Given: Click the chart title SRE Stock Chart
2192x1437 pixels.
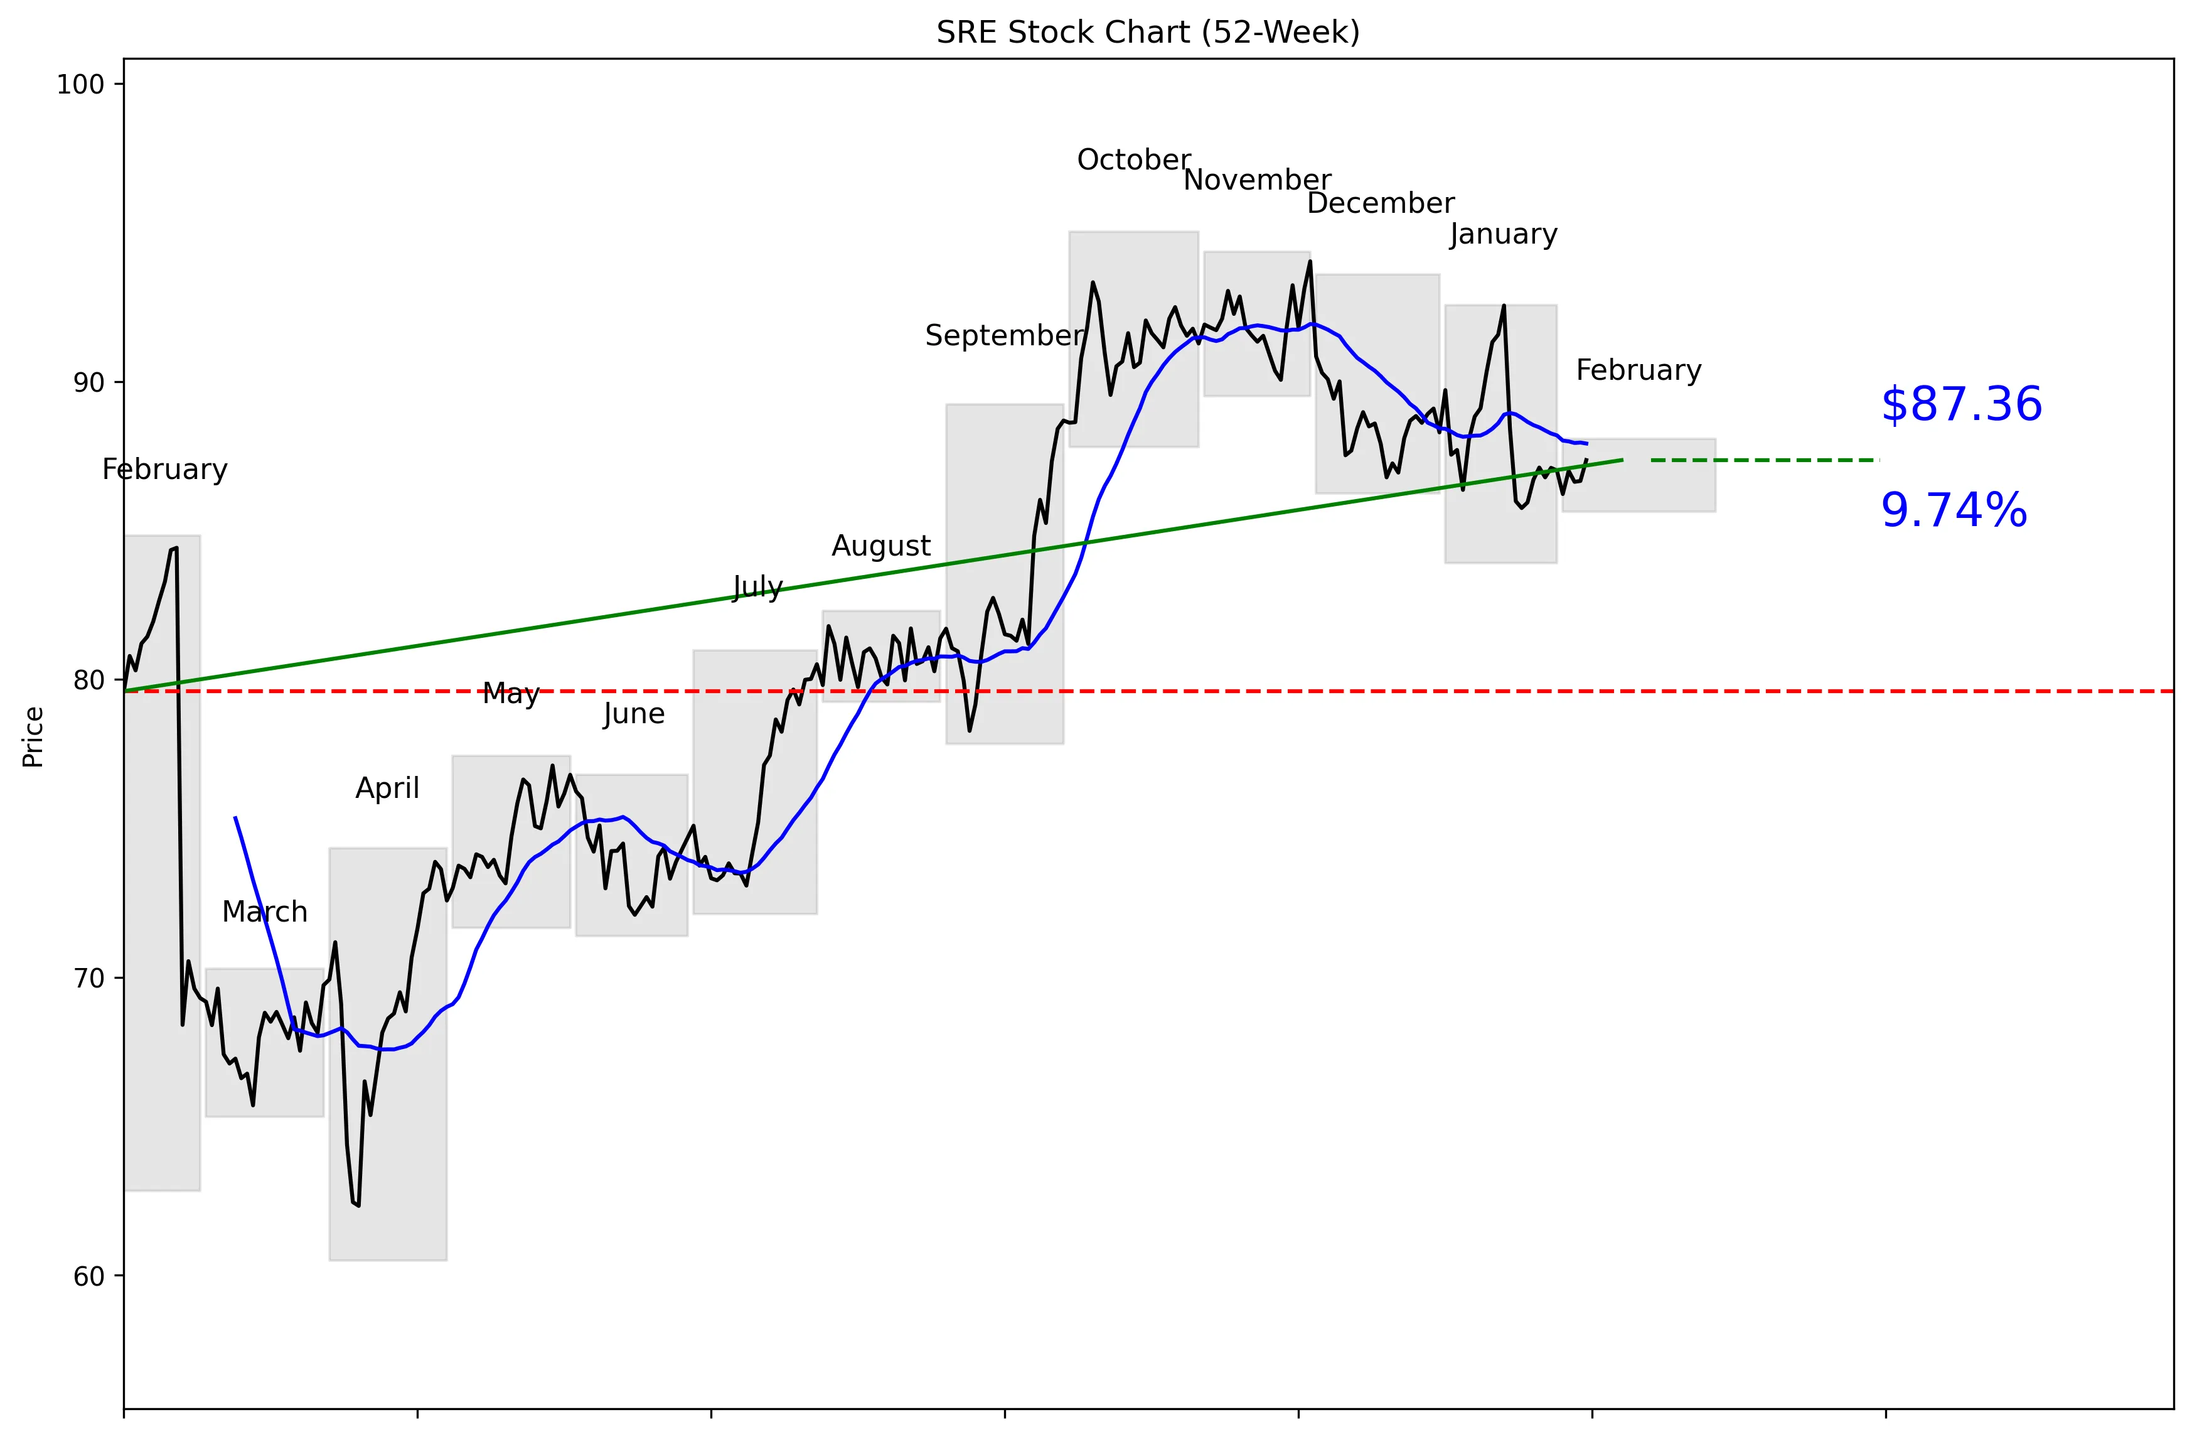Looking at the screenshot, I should pos(1148,32).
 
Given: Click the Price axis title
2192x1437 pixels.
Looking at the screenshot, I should pos(33,737).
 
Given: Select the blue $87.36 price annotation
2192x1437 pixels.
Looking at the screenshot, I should pos(1961,404).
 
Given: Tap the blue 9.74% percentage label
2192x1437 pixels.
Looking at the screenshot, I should pos(1954,510).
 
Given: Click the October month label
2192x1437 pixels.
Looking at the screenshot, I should pos(1134,160).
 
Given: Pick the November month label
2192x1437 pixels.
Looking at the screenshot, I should pos(1256,181).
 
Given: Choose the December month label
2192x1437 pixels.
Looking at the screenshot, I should pos(1380,203).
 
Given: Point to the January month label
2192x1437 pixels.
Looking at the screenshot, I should pos(1503,235).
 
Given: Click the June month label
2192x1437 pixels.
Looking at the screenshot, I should pos(634,714).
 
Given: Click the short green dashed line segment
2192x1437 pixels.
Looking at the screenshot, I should pos(1764,460).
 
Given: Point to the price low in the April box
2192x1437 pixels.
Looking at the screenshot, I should pos(357,1205).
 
